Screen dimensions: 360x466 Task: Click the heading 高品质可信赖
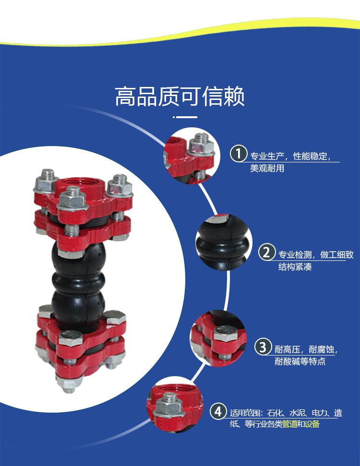(180, 96)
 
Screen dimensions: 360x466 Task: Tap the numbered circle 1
(239, 153)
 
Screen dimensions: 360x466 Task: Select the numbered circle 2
(267, 252)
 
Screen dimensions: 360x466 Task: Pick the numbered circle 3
(263, 346)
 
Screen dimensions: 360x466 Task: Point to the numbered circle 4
(218, 411)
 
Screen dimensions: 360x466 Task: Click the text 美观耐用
(267, 169)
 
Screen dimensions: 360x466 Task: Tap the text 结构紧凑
(295, 267)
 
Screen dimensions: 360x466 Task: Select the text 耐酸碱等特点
(300, 361)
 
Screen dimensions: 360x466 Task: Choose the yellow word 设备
(312, 424)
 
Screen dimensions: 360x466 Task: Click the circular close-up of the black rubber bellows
(224, 242)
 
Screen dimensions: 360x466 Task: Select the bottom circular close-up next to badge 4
(175, 405)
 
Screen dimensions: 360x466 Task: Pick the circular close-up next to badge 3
(218, 338)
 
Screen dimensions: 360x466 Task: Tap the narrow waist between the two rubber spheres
(78, 282)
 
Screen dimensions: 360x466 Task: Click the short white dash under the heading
(185, 117)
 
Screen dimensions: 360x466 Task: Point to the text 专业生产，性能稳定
(290, 156)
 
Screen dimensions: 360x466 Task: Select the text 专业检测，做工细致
(316, 255)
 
